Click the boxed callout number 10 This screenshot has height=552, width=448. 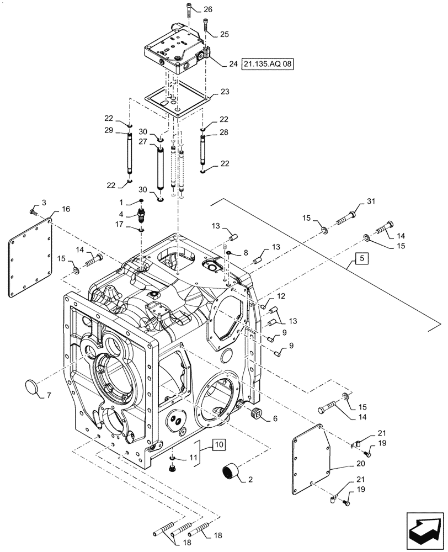pyautogui.click(x=219, y=444)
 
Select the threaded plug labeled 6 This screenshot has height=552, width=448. pyautogui.click(x=255, y=413)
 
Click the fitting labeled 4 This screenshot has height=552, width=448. pyautogui.click(x=141, y=214)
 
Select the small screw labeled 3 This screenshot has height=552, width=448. pyautogui.click(x=33, y=211)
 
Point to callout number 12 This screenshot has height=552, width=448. pyautogui.click(x=280, y=297)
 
